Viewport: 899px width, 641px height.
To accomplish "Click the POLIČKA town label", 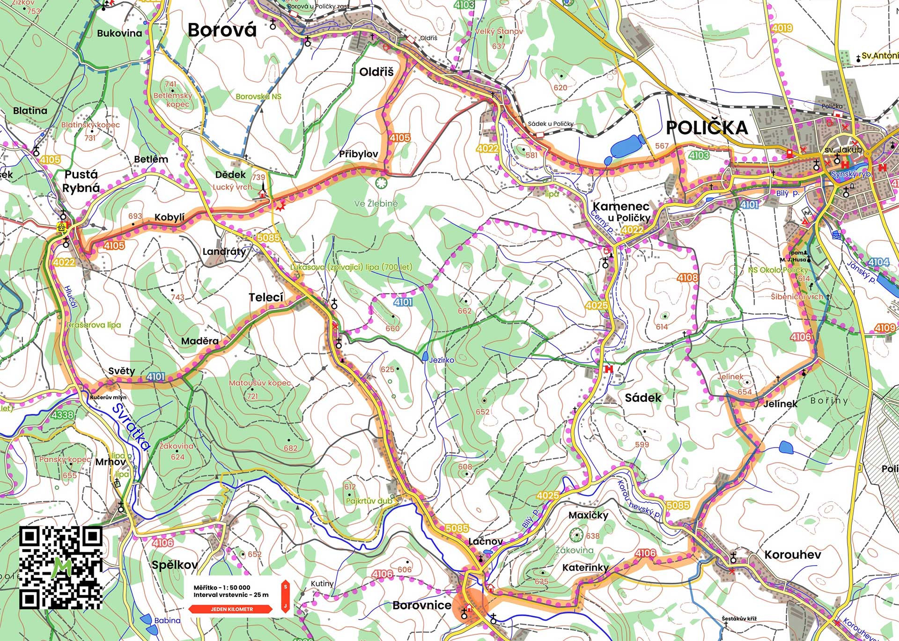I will (707, 128).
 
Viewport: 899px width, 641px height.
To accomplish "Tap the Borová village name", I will (222, 30).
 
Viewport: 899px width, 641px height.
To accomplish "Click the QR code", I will (61, 567).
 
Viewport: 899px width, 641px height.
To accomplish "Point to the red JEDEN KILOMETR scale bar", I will (231, 609).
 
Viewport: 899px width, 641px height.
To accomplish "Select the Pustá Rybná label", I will (81, 181).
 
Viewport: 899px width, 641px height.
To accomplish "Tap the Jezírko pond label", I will (441, 360).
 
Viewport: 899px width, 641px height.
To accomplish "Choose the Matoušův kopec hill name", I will (260, 383).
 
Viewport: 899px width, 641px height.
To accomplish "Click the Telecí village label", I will (266, 297).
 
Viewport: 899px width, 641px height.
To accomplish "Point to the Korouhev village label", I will (792, 555).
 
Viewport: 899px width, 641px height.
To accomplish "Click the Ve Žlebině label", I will (376, 204).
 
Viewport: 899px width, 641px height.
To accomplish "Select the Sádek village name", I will (643, 398).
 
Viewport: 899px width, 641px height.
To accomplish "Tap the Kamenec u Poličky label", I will (621, 212).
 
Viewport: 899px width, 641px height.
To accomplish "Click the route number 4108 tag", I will (687, 278).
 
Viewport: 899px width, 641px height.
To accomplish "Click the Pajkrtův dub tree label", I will (368, 501).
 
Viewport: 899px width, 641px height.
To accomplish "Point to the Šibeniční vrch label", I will (796, 297).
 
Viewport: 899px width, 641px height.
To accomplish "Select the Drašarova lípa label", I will (94, 325).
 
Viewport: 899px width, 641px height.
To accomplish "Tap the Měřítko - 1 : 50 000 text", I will (222, 587).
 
